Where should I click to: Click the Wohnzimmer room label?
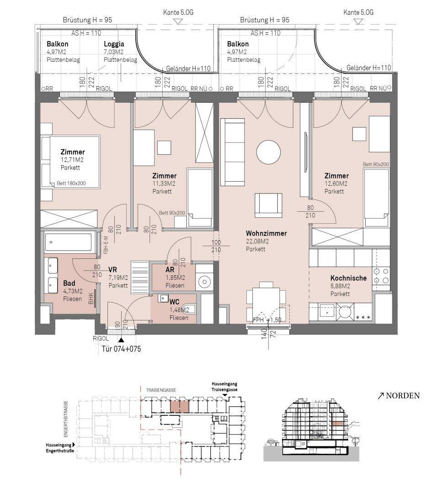point(266,233)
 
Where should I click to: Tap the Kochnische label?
point(348,278)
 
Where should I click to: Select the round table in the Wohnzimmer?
point(268,152)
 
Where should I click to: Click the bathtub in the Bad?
point(68,242)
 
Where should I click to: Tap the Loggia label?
point(114,44)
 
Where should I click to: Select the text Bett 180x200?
point(71,184)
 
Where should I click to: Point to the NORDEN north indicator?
point(399,395)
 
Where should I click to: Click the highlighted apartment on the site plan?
point(180,407)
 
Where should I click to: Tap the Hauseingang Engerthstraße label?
point(60,448)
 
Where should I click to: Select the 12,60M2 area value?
point(336,184)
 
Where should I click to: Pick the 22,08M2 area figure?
point(257,241)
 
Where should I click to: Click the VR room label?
point(112,270)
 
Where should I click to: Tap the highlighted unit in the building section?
point(337,424)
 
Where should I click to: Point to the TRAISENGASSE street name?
point(161,390)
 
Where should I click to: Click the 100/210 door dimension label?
point(216,246)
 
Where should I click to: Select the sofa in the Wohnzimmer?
point(232,152)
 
